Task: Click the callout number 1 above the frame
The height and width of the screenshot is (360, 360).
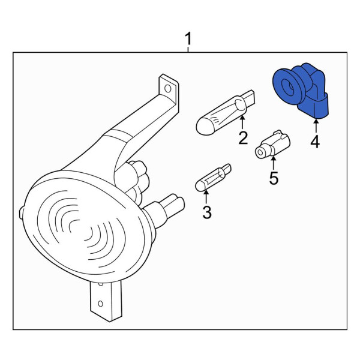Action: (x=188, y=39)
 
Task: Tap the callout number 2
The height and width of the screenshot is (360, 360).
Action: (x=243, y=137)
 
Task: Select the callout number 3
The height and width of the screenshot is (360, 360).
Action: (x=207, y=212)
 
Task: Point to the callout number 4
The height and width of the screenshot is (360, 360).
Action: (x=315, y=142)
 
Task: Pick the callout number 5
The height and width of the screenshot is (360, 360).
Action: (x=274, y=178)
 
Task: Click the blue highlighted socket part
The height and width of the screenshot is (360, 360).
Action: (x=301, y=91)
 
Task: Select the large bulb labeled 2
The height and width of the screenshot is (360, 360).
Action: (x=226, y=113)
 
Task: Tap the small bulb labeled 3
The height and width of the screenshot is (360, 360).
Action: (x=213, y=177)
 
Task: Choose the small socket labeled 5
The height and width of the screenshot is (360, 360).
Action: (x=272, y=145)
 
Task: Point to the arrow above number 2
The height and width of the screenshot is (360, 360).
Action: (x=242, y=122)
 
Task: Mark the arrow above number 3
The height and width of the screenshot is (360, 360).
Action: (x=206, y=197)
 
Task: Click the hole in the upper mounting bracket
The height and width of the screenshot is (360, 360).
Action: (x=168, y=89)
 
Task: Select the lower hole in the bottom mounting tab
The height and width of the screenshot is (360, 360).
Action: (x=100, y=304)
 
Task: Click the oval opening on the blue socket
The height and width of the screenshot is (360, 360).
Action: (x=288, y=88)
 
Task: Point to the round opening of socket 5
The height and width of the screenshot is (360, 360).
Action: (x=260, y=152)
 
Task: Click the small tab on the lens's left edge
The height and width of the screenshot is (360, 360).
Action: (x=21, y=212)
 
